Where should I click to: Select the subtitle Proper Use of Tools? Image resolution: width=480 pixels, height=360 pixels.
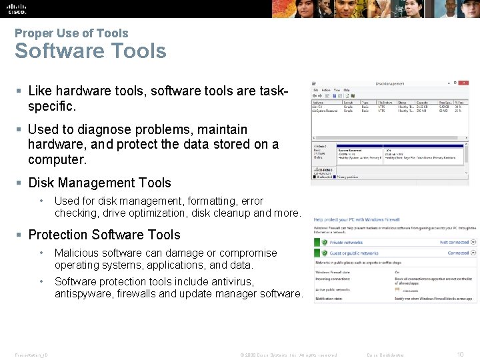(x=71, y=33)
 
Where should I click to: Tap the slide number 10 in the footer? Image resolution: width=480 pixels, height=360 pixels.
(x=460, y=355)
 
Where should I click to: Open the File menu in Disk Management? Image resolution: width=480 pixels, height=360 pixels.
(x=315, y=90)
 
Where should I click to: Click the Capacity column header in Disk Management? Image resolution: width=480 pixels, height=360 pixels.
(x=421, y=102)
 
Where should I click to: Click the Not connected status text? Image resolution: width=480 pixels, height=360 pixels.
(x=454, y=243)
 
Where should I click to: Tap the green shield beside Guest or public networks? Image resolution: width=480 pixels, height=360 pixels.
(x=323, y=253)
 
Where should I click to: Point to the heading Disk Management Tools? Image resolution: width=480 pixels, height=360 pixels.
(x=99, y=183)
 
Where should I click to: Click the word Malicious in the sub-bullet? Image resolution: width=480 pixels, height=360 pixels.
(x=76, y=253)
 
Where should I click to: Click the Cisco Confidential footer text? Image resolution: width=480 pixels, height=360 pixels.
(x=385, y=355)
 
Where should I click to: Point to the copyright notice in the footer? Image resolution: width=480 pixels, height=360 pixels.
(x=288, y=355)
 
